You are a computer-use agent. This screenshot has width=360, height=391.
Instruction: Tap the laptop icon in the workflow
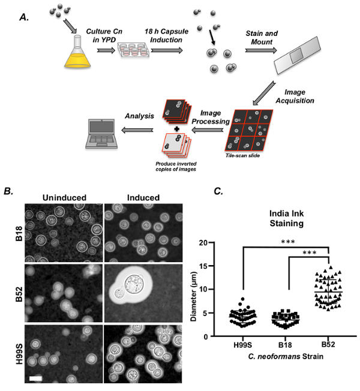click(101, 134)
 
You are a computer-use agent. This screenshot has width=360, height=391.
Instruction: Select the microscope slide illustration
click(297, 55)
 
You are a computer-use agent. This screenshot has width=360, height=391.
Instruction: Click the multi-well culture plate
click(134, 50)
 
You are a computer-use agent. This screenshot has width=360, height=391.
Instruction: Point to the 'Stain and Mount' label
click(262, 38)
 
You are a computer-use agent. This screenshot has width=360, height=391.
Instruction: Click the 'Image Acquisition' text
click(295, 97)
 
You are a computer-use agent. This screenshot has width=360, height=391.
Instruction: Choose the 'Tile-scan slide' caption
click(242, 155)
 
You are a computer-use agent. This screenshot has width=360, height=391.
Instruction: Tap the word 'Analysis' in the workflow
click(139, 116)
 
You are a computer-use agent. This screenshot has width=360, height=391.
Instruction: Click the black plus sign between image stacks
click(176, 129)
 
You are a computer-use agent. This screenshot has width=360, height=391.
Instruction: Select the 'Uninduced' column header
click(64, 198)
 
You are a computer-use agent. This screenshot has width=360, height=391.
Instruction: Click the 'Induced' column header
click(143, 198)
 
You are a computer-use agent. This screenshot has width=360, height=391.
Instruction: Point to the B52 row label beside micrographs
click(19, 294)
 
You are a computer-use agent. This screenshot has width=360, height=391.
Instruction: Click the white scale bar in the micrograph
click(35, 378)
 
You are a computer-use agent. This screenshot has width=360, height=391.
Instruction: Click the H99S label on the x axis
click(243, 345)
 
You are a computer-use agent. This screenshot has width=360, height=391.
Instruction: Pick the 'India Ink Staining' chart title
click(286, 218)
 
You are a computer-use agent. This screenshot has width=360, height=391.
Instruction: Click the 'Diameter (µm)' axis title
click(194, 296)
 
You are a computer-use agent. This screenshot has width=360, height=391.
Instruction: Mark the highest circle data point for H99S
click(243, 299)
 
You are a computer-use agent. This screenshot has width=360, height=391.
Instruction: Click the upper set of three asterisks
click(288, 242)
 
